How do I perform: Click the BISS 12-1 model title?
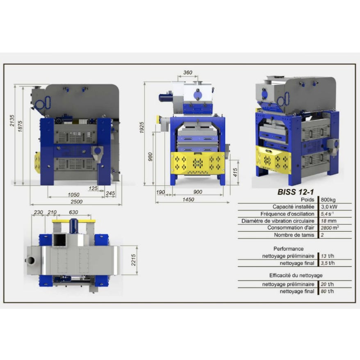click(295, 192)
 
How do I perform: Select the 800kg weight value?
click(328, 200)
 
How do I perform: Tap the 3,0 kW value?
click(329, 207)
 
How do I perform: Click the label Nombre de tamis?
click(294, 235)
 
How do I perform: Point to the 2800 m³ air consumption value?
click(330, 228)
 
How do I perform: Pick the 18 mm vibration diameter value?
click(328, 221)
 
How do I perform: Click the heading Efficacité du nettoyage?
click(296, 275)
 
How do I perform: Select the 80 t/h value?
click(327, 291)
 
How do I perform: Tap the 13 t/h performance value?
click(327, 256)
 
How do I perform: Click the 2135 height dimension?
click(12, 121)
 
